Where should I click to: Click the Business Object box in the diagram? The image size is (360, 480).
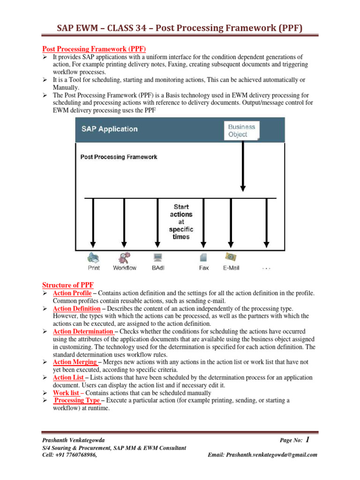pyautogui.click(x=242, y=130)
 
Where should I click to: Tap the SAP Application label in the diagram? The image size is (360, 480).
pyautogui.click(x=109, y=129)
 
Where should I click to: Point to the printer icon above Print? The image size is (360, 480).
pyautogui.click(x=93, y=257)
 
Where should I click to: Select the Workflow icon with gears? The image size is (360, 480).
pyautogui.click(x=125, y=257)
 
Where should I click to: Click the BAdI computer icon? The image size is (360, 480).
pyautogui.click(x=158, y=257)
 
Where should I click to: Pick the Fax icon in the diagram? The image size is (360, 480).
pyautogui.click(x=203, y=257)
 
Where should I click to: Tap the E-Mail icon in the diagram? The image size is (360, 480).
pyautogui.click(x=231, y=257)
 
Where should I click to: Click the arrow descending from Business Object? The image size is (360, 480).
pyautogui.click(x=243, y=164)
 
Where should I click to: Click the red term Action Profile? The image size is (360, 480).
pyautogui.click(x=72, y=293)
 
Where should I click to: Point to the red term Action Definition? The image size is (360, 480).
pyautogui.click(x=76, y=309)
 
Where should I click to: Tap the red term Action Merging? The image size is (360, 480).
pyautogui.click(x=75, y=362)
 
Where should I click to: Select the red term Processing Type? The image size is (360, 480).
pyautogui.click(x=77, y=400)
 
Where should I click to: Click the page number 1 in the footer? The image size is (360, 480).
pyautogui.click(x=307, y=440)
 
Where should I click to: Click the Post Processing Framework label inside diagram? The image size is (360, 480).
pyautogui.click(x=119, y=157)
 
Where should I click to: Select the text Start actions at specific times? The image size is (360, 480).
pyautogui.click(x=181, y=221)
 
